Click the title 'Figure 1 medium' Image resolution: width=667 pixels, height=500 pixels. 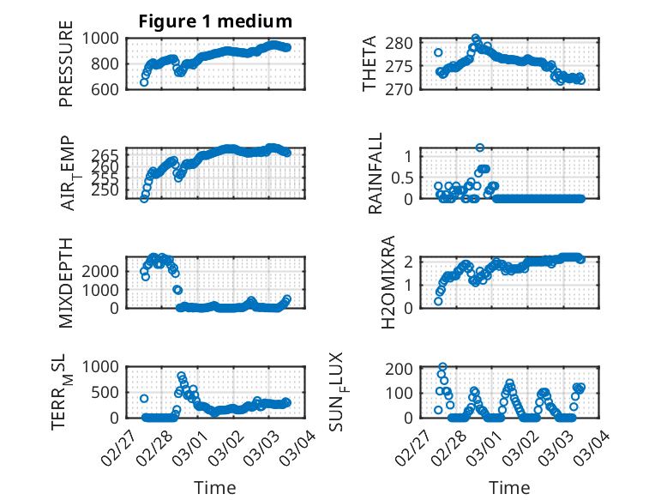215,21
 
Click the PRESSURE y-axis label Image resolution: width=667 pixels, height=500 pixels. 66,63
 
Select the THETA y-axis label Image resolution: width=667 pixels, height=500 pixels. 370,63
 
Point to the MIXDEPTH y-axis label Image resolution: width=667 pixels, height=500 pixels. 66,282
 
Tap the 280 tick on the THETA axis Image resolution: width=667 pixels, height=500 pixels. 405,43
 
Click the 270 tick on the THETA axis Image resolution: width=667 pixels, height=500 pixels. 405,88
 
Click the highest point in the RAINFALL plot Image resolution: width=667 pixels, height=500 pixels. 480,148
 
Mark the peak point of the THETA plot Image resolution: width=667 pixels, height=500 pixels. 476,39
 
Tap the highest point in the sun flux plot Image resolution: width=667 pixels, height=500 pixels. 442,367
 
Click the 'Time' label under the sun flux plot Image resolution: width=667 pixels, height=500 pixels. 509,488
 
